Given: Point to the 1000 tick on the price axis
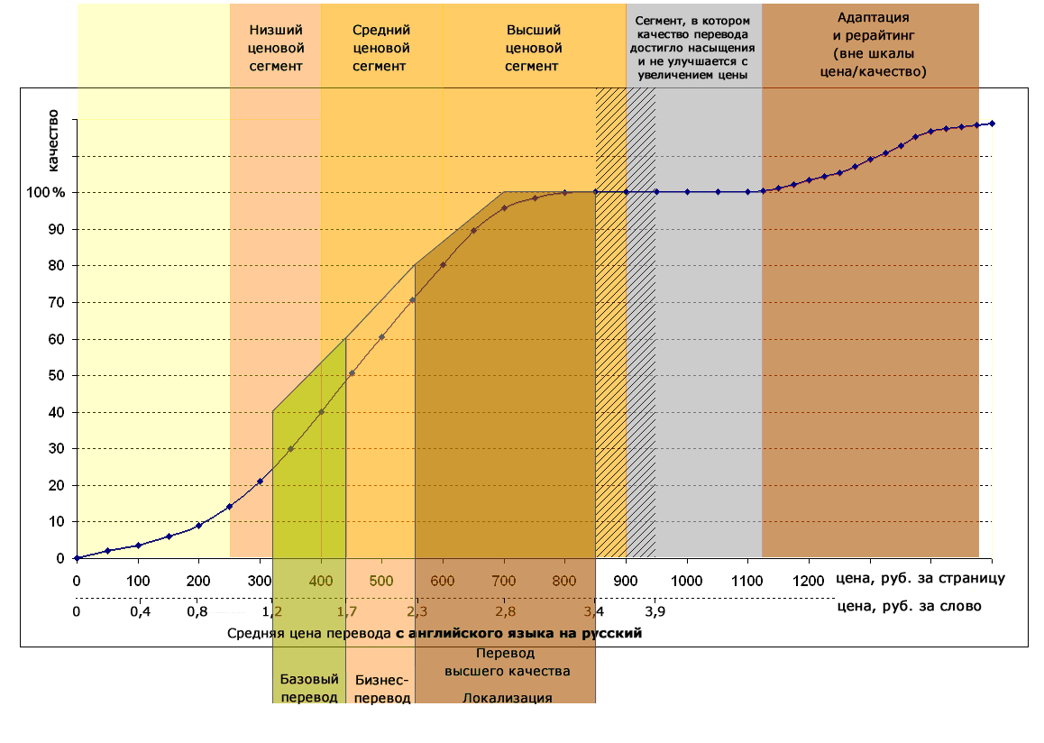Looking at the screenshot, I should coord(687,580).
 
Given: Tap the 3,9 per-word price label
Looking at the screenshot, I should coord(655,612).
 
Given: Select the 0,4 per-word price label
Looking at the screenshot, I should coord(138,612).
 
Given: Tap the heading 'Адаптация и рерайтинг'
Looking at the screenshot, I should coord(871,44).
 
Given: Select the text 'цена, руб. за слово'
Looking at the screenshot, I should coord(910,606).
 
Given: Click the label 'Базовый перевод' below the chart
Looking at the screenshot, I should coord(309,688).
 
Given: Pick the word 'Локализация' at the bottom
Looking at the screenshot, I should coord(507,697).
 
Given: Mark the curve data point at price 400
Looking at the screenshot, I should coord(321,412).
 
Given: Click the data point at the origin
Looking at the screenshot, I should coord(77,558).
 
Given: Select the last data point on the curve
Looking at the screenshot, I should coord(992,124).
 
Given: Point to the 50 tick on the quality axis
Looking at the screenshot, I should coord(57,376).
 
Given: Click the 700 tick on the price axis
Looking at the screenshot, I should coord(504,580).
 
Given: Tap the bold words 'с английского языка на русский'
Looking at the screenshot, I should coord(518,634).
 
